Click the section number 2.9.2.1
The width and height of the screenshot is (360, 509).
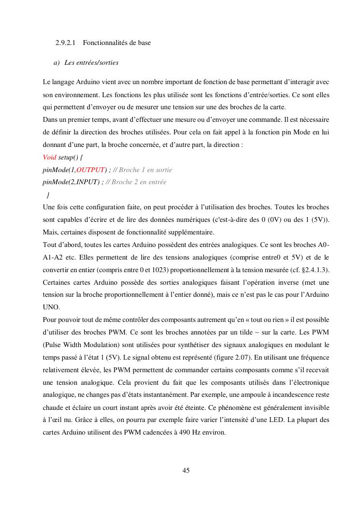click(x=65, y=43)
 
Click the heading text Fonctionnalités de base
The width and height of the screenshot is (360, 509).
click(x=116, y=43)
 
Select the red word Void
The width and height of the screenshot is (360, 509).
click(x=49, y=157)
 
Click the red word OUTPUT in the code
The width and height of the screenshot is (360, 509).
click(x=90, y=170)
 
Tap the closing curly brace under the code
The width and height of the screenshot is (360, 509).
click(x=48, y=195)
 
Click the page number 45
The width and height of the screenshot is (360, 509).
click(x=186, y=470)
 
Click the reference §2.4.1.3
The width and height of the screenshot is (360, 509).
click(x=315, y=269)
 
